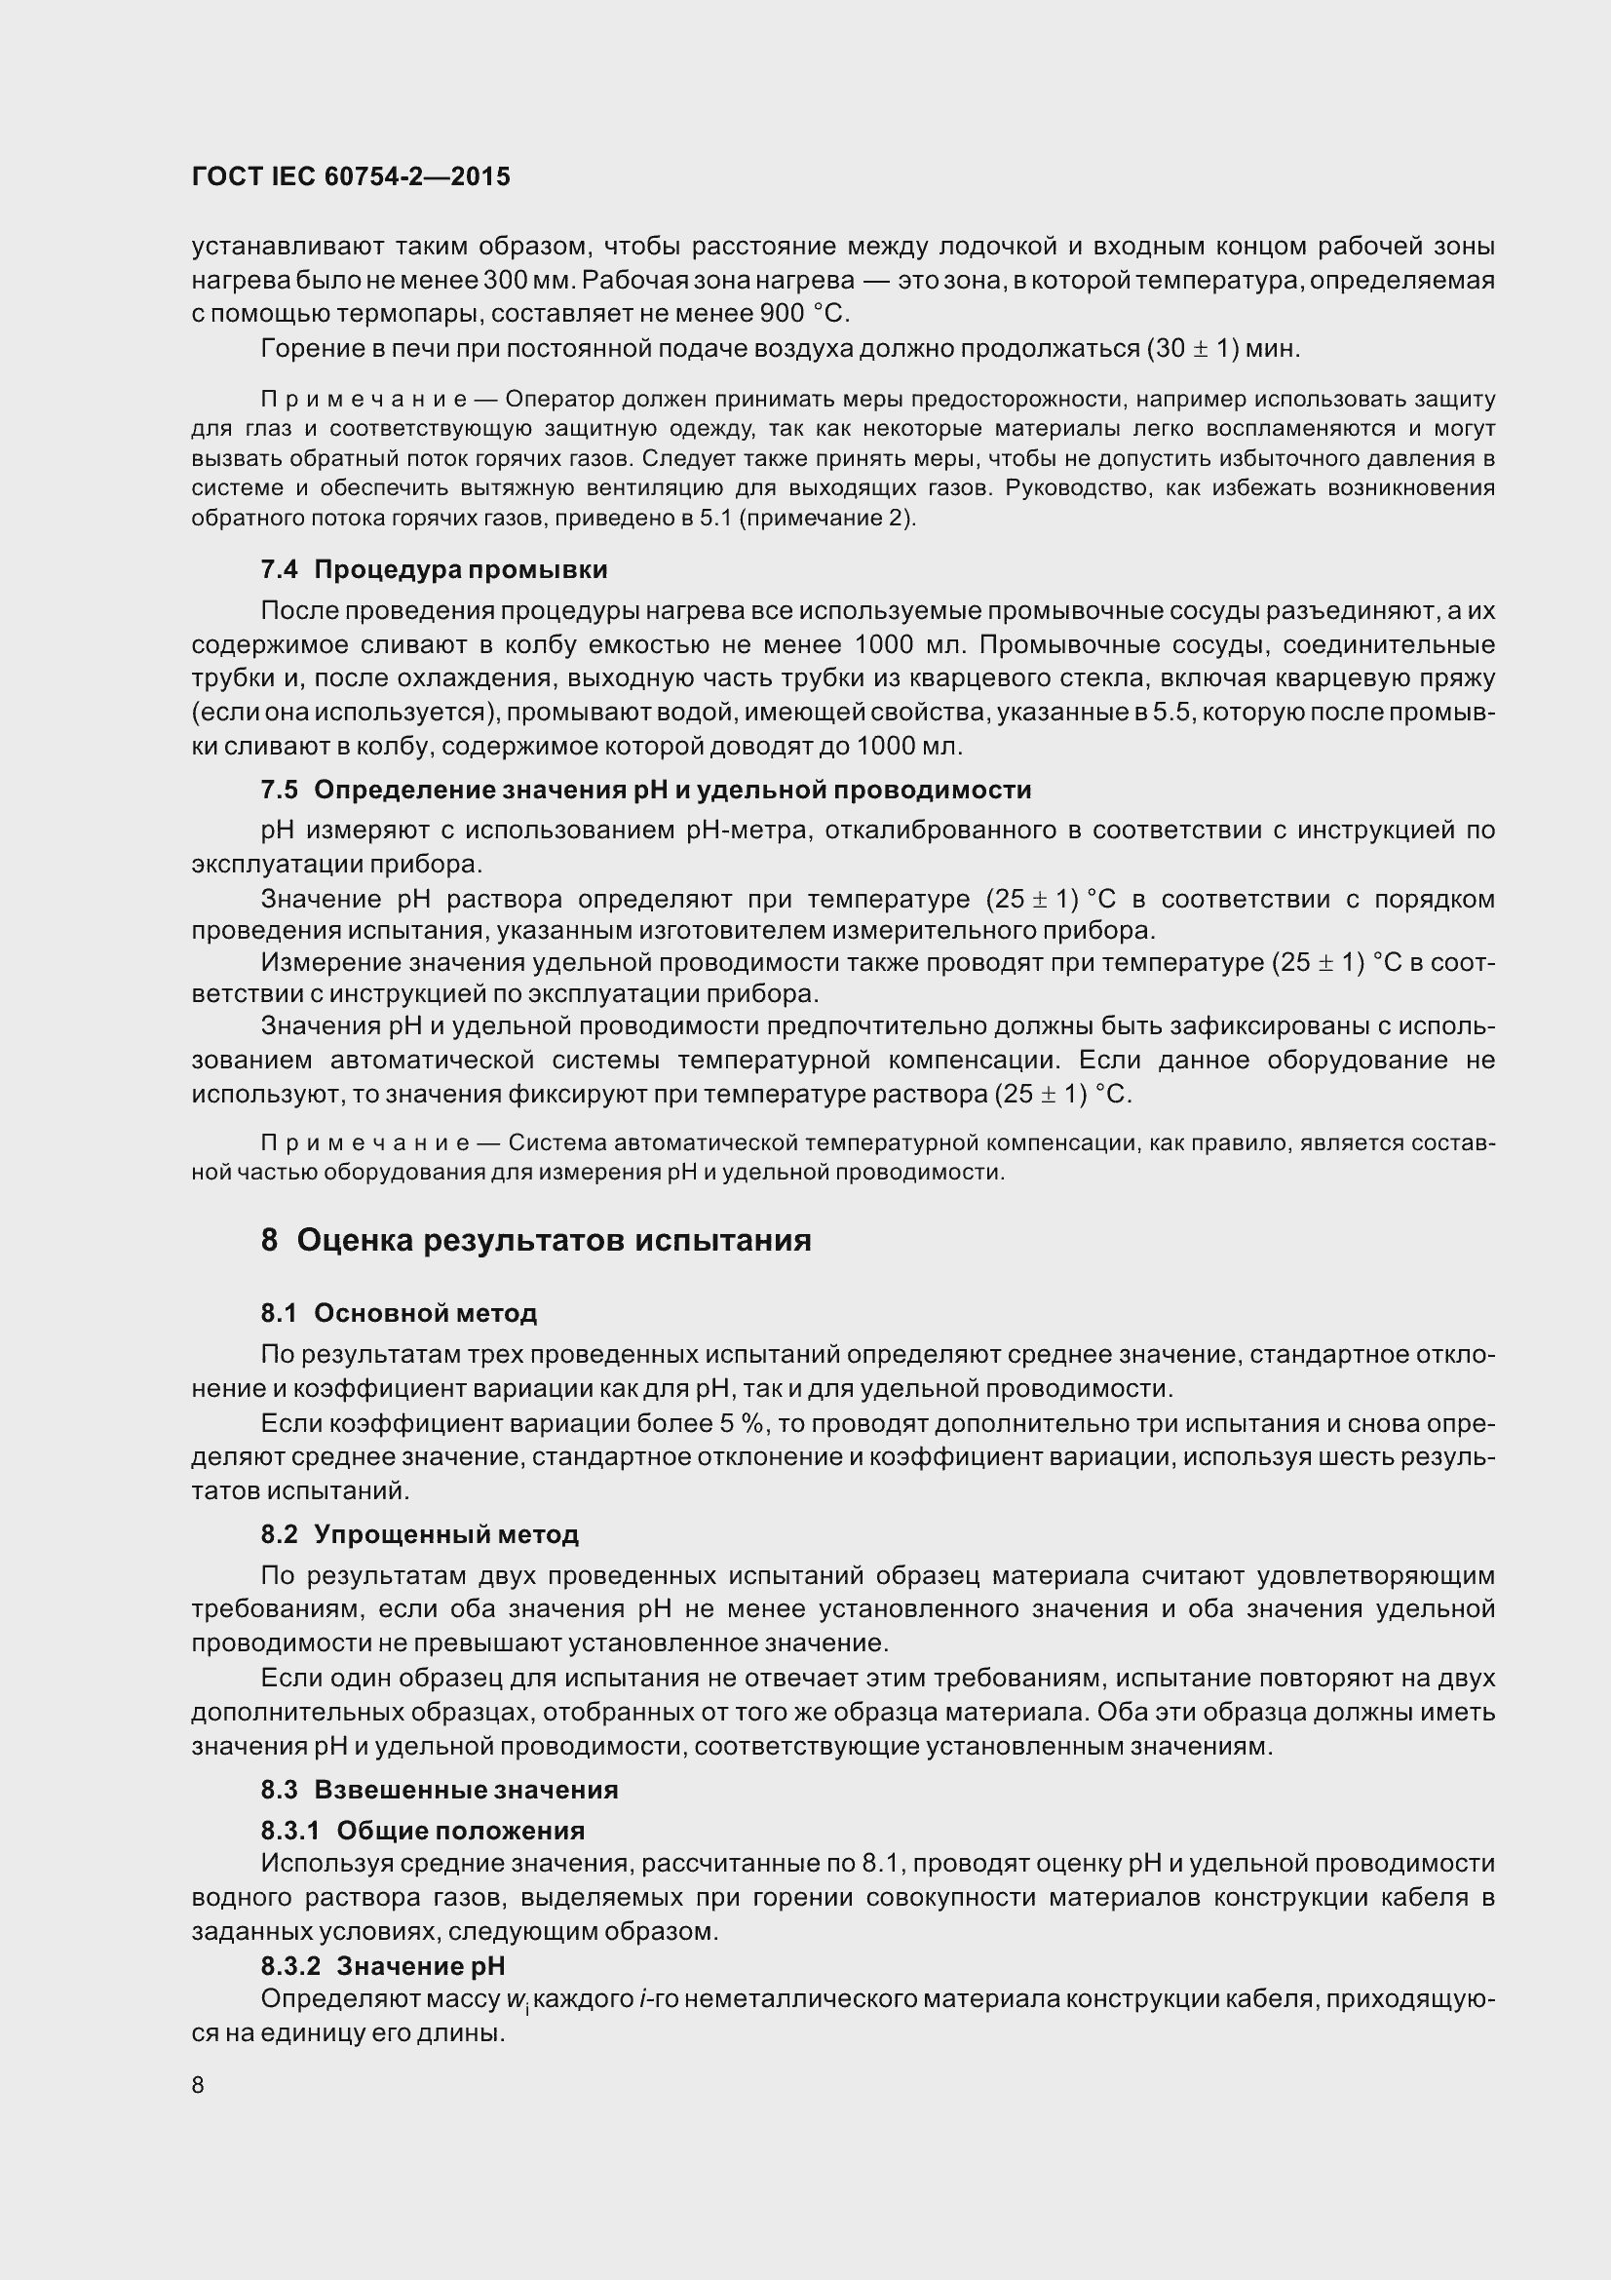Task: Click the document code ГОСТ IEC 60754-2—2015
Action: [x=351, y=176]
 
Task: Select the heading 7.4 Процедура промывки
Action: [x=434, y=570]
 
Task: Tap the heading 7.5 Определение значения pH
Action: [x=645, y=790]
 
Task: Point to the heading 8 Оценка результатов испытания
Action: [x=536, y=1240]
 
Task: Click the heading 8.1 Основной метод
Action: [x=399, y=1313]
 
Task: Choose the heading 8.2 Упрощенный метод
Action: [x=420, y=1534]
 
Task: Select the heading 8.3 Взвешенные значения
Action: [x=440, y=1790]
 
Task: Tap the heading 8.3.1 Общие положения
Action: [x=423, y=1831]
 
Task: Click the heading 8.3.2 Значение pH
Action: [x=383, y=1965]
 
